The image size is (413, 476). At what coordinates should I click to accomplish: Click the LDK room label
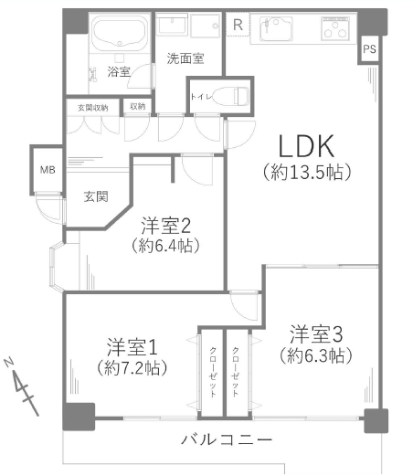(306, 146)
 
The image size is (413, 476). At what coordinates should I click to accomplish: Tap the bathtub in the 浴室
(120, 33)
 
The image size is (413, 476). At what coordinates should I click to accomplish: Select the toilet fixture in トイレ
(231, 96)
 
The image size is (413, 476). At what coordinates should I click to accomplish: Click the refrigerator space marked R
(238, 25)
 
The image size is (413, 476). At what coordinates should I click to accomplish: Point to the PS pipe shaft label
(369, 49)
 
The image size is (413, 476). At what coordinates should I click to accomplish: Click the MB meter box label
(48, 170)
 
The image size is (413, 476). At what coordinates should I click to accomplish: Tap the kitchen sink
(276, 28)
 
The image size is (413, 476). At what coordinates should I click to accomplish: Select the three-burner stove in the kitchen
(335, 28)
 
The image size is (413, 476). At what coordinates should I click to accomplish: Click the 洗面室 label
(185, 58)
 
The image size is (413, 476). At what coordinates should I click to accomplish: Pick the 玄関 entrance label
(96, 196)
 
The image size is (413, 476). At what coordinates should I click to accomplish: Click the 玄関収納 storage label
(93, 108)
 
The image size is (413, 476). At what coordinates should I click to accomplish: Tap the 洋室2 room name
(166, 226)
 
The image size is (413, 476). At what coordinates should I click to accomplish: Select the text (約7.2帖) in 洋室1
(132, 368)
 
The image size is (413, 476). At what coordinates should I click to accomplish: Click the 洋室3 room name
(316, 334)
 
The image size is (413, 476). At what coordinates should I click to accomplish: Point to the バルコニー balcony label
(227, 439)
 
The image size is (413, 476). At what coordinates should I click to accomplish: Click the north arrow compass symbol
(21, 386)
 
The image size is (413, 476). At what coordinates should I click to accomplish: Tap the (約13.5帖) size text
(307, 173)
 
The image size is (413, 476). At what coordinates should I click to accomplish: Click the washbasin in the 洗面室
(172, 25)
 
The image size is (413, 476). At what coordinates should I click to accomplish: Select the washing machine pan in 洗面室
(206, 26)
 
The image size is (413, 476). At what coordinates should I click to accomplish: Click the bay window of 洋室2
(57, 266)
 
